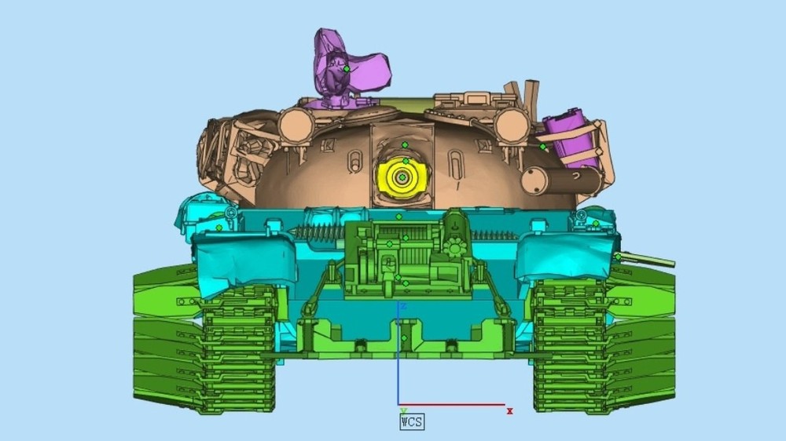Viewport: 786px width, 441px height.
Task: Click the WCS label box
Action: tap(412, 422)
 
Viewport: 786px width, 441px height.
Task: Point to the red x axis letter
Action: tap(510, 411)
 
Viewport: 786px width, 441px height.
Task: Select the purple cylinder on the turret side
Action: tap(571, 137)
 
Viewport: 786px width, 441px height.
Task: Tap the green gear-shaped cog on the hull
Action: tap(454, 248)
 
